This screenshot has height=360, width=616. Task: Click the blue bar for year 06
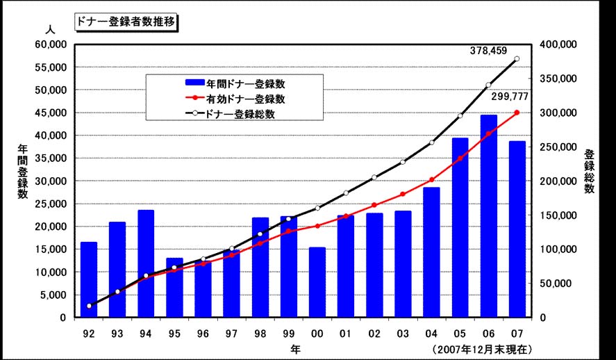(488, 216)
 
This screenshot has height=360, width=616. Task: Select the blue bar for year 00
(317, 282)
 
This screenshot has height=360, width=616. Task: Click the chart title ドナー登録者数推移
(126, 21)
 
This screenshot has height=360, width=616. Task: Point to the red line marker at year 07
(517, 113)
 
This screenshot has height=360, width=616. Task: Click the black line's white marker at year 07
(517, 59)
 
